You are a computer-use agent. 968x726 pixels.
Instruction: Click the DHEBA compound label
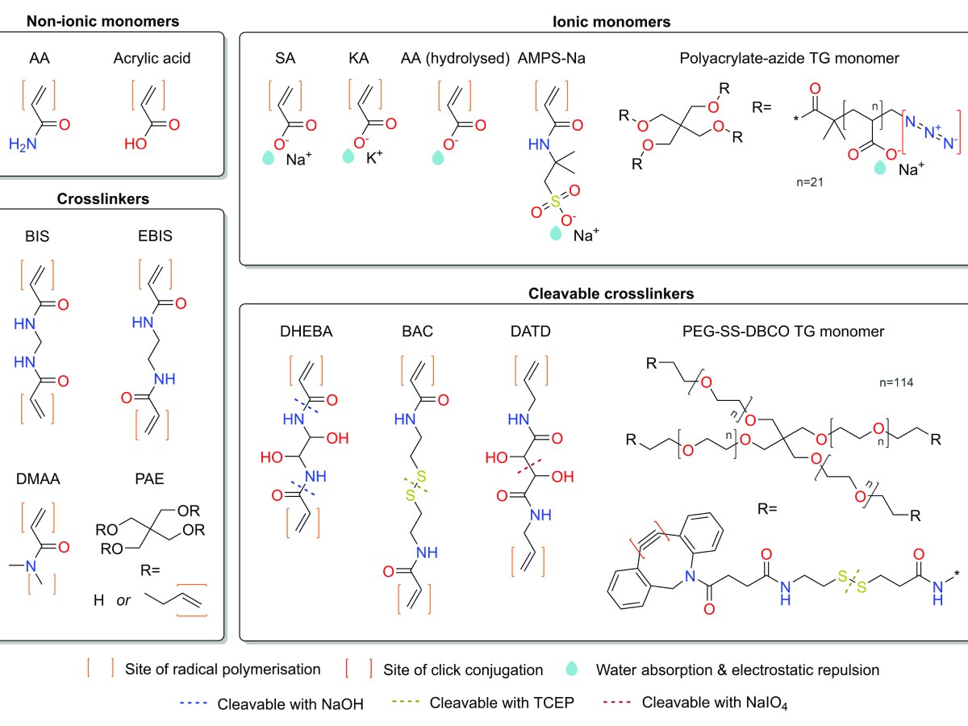296,330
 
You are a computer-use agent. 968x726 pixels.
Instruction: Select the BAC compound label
414,330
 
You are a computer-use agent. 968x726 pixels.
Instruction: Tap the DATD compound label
525,330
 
